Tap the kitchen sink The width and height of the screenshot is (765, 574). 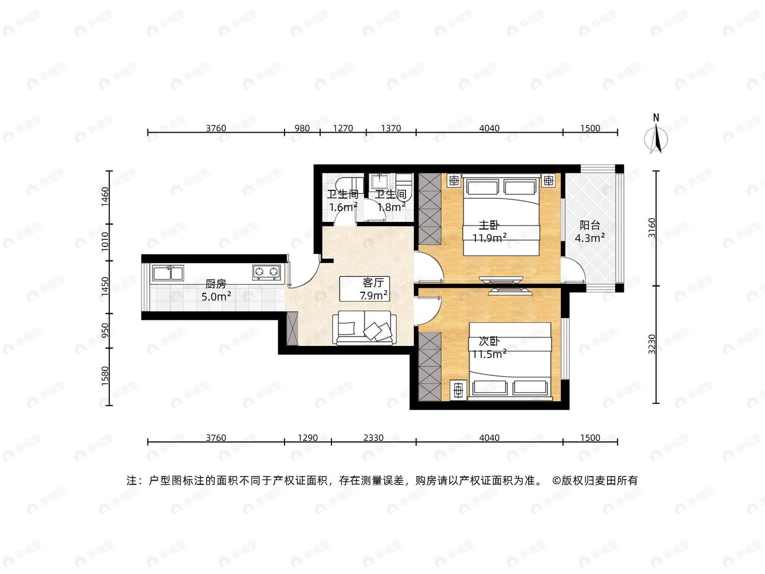[x=168, y=273]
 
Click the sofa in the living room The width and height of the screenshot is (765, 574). [x=364, y=328]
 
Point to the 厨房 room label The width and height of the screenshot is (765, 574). [x=215, y=284]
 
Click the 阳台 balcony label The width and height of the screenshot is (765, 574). [x=590, y=225]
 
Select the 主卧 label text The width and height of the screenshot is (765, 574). [x=489, y=225]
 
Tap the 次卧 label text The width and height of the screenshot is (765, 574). [x=489, y=341]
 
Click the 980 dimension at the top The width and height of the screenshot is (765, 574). [x=302, y=128]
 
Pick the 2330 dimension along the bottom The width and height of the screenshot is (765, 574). [x=373, y=438]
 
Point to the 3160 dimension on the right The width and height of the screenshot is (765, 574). [x=652, y=228]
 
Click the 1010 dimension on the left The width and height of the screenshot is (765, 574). [x=105, y=242]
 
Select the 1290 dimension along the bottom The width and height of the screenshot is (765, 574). [x=308, y=438]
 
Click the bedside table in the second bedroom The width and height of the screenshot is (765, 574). [x=458, y=390]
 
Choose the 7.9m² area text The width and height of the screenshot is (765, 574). [x=374, y=296]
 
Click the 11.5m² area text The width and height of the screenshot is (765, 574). [x=489, y=354]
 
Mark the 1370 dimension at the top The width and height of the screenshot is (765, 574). [x=391, y=128]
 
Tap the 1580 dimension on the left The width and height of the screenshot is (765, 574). [x=105, y=377]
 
